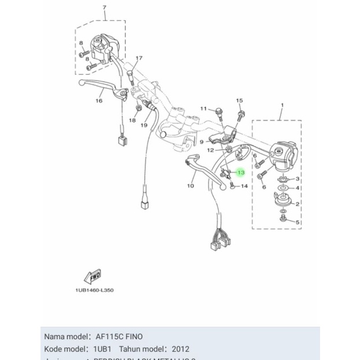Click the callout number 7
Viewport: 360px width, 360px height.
pyautogui.click(x=104, y=8)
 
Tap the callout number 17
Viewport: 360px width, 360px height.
pyautogui.click(x=139, y=58)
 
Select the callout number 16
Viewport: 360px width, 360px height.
pyautogui.click(x=99, y=101)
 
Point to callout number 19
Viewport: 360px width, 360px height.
pyautogui.click(x=144, y=125)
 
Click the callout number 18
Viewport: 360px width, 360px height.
pyautogui.click(x=132, y=120)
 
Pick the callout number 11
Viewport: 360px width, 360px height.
pyautogui.click(x=203, y=109)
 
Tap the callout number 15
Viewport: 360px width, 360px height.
pyautogui.click(x=240, y=101)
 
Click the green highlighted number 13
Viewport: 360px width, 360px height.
pyautogui.click(x=241, y=172)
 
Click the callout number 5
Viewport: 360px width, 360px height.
pyautogui.click(x=298, y=222)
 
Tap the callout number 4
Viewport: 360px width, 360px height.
pyautogui.click(x=298, y=188)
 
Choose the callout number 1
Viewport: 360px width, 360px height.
pyautogui.click(x=282, y=105)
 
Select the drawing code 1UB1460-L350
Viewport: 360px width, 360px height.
pyautogui.click(x=94, y=290)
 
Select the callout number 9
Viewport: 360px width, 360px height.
pyautogui.click(x=202, y=142)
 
